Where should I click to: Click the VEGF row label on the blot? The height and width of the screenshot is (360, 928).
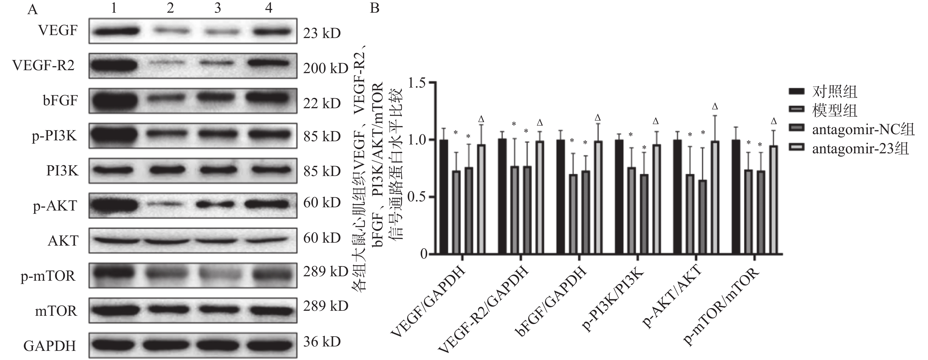[58, 31]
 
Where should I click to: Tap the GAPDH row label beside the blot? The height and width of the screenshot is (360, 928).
[50, 346]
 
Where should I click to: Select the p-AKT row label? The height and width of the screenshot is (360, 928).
[55, 206]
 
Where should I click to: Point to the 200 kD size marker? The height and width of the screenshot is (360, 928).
[325, 68]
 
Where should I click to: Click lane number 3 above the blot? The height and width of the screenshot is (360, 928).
[218, 8]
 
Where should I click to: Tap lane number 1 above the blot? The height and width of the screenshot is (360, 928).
[114, 8]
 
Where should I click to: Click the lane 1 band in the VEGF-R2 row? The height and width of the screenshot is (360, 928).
[114, 65]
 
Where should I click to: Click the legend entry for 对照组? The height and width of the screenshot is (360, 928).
[834, 92]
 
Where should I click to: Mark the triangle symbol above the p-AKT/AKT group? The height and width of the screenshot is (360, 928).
[715, 107]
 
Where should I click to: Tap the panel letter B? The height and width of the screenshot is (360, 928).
[375, 8]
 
